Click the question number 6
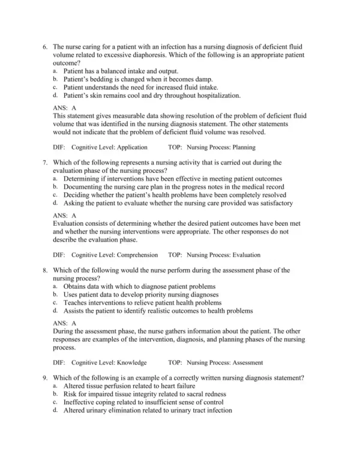click(45, 46)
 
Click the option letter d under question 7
click(55, 203)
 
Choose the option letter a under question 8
click(55, 286)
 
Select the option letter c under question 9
click(55, 402)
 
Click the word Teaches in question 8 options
click(76, 303)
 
